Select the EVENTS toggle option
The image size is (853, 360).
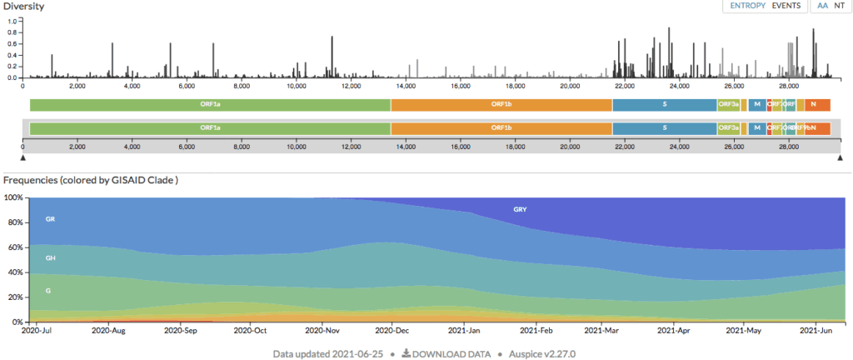pos(786,6)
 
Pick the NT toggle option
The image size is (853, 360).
pos(839,6)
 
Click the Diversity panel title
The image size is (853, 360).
pos(24,6)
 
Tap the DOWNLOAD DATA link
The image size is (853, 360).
pos(446,353)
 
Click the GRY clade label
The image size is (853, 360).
pos(520,209)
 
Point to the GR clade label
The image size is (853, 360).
pos(50,219)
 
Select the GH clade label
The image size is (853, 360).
pos(50,258)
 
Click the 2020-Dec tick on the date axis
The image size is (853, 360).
pos(391,331)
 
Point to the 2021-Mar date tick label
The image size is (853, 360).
pos(602,331)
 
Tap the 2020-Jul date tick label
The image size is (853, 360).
pos(36,331)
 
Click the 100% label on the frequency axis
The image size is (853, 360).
pos(14,197)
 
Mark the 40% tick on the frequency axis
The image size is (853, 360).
pos(16,272)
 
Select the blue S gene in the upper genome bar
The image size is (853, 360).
pos(665,104)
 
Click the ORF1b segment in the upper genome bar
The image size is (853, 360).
pos(501,104)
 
